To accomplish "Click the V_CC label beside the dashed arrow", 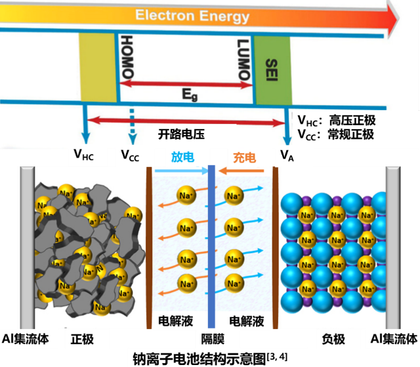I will (x=131, y=155).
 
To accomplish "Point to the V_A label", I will (x=287, y=155).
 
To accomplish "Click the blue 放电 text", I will (x=182, y=157).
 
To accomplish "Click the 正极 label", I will (x=82, y=339).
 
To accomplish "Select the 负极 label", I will (x=333, y=339).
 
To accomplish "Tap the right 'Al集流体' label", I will (x=393, y=339).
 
